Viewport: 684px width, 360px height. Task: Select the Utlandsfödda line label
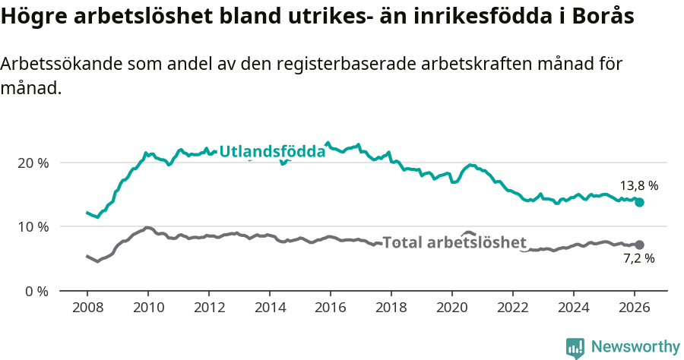272,152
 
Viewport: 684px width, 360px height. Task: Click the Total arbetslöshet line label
454,242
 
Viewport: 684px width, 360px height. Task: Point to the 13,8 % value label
638,185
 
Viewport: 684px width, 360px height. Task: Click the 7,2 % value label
638,258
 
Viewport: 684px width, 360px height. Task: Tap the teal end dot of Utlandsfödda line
639,203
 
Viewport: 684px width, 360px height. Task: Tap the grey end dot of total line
639,245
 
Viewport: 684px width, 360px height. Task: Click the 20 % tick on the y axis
33,163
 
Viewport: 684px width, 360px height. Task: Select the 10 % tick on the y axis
33,226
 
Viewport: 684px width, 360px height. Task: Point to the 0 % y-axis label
36,290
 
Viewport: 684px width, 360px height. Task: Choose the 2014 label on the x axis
269,307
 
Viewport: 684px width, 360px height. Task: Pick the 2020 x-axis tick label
451,307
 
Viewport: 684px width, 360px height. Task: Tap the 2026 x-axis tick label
634,307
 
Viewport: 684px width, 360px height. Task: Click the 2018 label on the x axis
391,307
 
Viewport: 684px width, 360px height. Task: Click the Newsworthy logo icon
575,347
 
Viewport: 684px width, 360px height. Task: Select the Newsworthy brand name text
635,347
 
